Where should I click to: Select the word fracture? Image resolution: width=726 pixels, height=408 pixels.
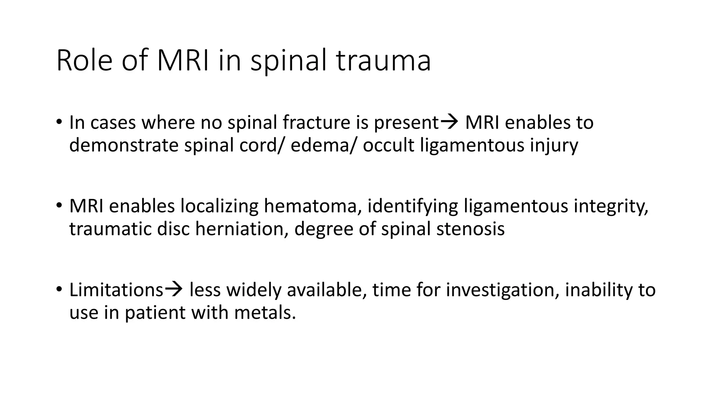click(x=316, y=123)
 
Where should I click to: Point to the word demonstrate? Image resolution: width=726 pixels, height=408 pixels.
click(x=123, y=145)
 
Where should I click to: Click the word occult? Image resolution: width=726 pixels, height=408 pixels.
click(x=388, y=145)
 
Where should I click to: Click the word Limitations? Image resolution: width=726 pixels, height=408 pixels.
click(x=116, y=290)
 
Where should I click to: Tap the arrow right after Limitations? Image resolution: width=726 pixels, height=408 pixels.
click(x=174, y=289)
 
